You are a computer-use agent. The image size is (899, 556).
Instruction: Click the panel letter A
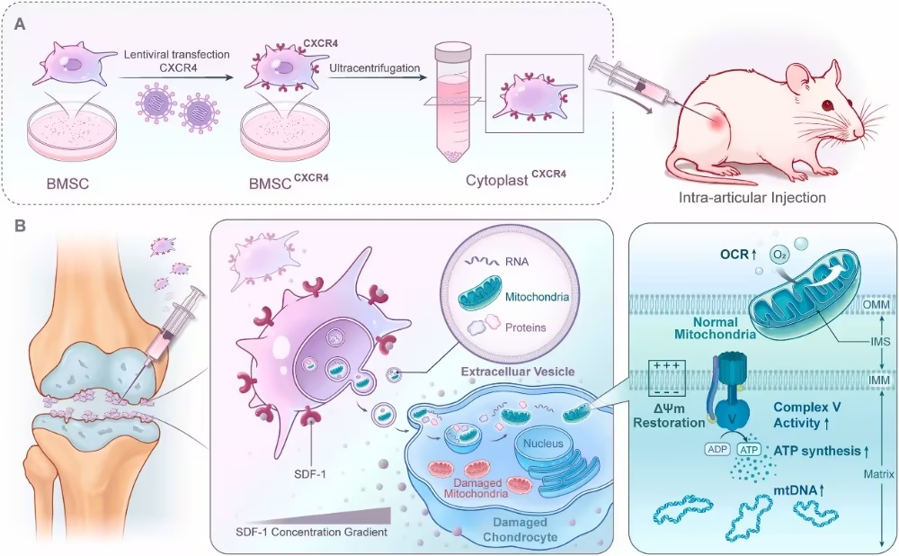21,24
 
